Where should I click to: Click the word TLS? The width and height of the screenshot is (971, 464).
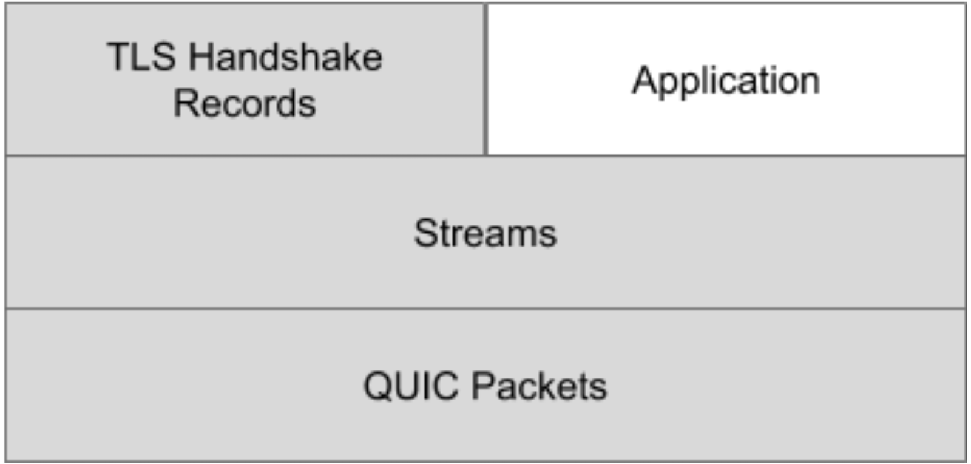click(141, 57)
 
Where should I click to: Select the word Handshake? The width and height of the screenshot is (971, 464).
click(286, 57)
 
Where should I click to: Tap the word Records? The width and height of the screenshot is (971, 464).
click(245, 103)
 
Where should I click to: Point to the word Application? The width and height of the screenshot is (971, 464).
click(726, 81)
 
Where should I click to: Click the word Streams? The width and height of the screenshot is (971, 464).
click(485, 233)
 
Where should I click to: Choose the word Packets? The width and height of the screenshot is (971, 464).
click(539, 386)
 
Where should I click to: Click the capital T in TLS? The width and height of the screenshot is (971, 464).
click(119, 57)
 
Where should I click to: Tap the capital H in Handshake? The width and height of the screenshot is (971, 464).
click(202, 57)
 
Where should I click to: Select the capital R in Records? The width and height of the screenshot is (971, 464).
click(185, 103)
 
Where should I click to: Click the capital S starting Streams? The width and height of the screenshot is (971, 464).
click(425, 233)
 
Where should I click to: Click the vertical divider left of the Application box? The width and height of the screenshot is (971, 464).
click(486, 79)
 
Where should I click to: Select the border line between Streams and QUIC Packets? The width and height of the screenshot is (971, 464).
click(486, 309)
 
